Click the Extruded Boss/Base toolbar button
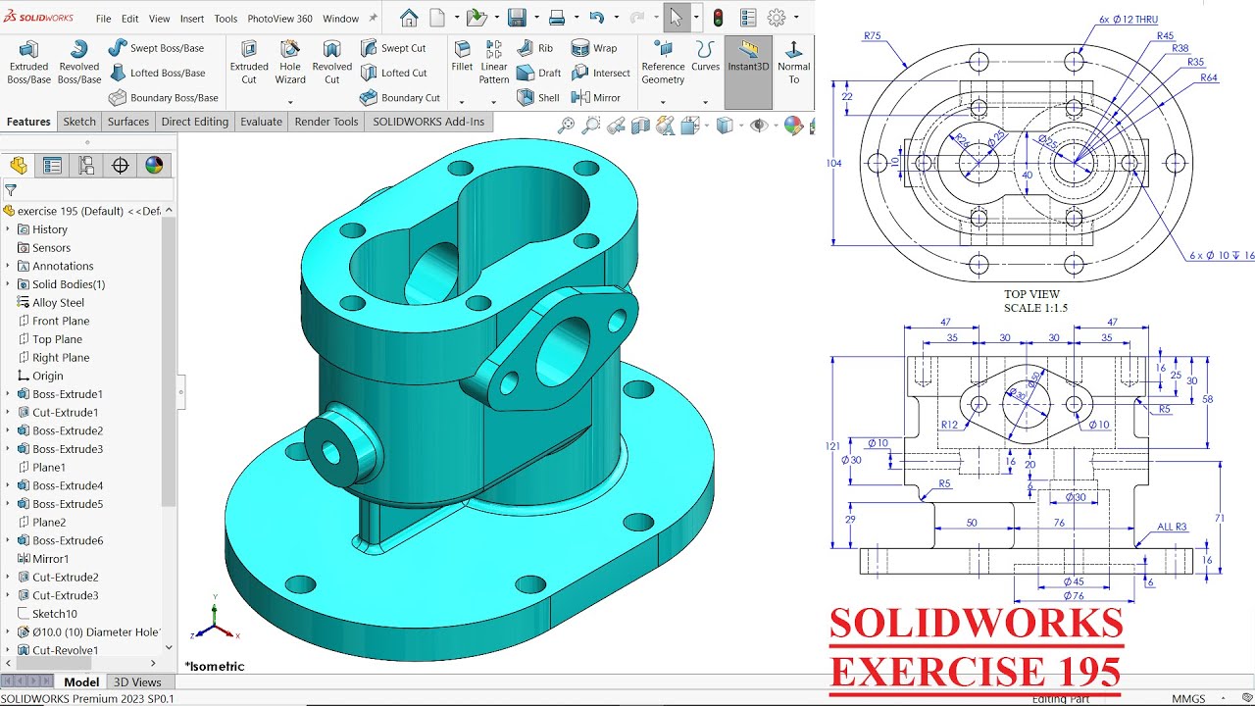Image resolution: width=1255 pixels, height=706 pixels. [x=28, y=62]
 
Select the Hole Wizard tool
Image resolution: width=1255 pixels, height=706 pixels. [x=290, y=62]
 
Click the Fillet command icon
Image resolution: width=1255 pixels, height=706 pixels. [x=462, y=57]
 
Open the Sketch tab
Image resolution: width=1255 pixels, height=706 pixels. [x=79, y=122]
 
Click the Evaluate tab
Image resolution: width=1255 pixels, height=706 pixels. [x=261, y=122]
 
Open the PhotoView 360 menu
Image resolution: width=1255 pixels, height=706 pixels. [x=279, y=19]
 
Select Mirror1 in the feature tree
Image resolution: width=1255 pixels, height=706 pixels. [x=51, y=559]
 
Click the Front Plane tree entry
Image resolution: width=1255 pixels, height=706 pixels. [x=60, y=321]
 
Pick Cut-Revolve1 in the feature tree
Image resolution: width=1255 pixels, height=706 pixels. [x=65, y=650]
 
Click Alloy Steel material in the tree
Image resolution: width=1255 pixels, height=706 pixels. [x=58, y=303]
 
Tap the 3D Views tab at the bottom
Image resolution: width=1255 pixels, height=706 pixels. [x=137, y=682]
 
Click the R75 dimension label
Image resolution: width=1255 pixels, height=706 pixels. [x=872, y=36]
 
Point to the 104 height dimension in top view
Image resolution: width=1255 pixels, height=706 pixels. [x=833, y=164]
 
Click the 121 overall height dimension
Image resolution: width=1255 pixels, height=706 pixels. [x=832, y=446]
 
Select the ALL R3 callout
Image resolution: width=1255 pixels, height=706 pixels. [x=1172, y=528]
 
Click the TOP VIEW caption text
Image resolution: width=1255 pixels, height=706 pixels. [x=1031, y=294]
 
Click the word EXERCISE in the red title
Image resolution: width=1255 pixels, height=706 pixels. [x=927, y=672]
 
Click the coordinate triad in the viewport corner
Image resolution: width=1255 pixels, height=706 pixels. [x=214, y=624]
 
